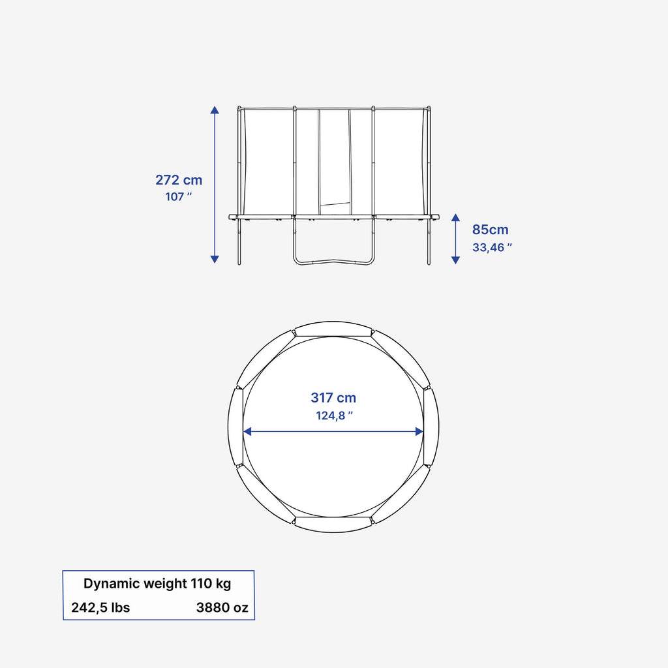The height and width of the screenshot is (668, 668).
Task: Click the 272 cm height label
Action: [x=179, y=180]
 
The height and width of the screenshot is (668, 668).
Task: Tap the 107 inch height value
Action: [x=179, y=197]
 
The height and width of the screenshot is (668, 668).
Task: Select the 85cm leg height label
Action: [x=491, y=230]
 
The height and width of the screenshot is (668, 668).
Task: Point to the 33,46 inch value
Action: [x=492, y=247]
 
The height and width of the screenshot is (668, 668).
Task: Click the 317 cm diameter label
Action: [x=333, y=398]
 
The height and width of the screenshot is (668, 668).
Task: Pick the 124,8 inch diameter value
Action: [x=335, y=416]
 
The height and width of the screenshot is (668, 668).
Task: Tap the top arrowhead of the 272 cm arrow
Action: [x=215, y=110]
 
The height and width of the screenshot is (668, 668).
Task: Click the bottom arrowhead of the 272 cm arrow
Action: [x=215, y=259]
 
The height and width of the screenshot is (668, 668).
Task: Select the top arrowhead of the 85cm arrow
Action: [x=455, y=218]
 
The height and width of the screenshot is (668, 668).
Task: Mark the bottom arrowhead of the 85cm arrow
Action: [x=455, y=260]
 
